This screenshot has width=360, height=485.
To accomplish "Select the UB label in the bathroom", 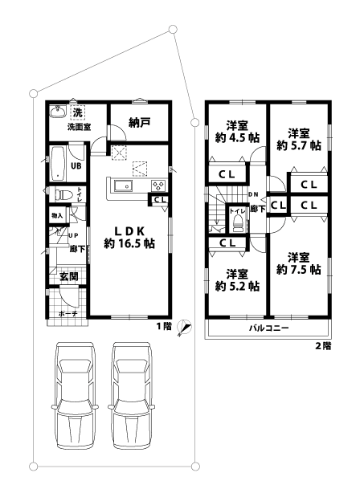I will point(76,166).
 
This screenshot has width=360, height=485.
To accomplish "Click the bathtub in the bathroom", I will point(58,165).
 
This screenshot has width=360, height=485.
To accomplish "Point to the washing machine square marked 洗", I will point(78,112).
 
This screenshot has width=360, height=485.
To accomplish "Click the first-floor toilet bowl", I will point(61,194).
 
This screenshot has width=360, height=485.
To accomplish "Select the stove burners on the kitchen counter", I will point(157,185).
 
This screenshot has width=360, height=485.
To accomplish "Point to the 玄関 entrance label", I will point(68,277).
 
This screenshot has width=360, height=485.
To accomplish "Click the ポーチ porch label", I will point(67,314).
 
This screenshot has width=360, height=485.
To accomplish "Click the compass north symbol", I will point(183,326).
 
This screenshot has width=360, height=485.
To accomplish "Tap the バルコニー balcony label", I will point(268,328).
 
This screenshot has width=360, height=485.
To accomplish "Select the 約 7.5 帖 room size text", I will point(299,270).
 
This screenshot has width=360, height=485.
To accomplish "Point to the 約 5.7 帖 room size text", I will point(299,145).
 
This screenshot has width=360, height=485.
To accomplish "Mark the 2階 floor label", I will point(321,346).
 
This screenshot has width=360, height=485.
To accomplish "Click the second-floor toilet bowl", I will point(238,224).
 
